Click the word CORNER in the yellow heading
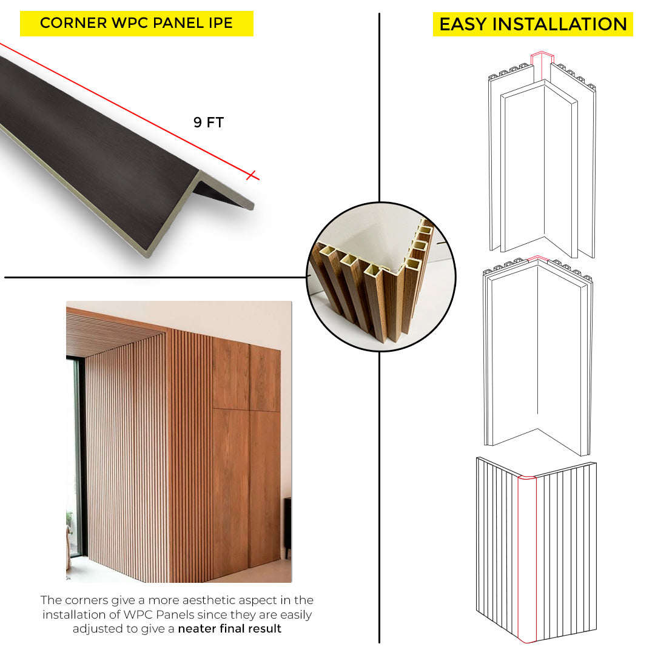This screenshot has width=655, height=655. click(73, 23)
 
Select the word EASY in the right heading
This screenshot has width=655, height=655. click(463, 24)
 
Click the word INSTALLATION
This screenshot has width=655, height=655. click(560, 24)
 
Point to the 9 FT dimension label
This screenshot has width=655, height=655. click(209, 123)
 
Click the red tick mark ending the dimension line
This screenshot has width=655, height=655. click(251, 175)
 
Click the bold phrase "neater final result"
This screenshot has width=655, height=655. click(230, 629)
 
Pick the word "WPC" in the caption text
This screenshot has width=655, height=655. click(138, 614)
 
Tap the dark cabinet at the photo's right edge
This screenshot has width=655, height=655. click(287, 527)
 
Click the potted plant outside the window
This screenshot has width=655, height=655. click(69, 527)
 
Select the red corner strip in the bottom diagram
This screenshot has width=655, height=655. click(527, 560)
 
